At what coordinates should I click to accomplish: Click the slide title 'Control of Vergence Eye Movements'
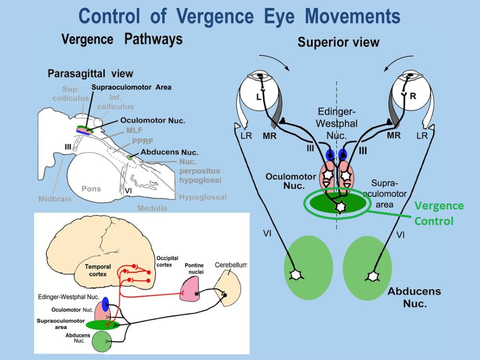coord(240,16)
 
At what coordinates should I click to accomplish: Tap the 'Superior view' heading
coord(338,43)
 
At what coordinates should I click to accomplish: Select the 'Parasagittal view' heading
coord(90,74)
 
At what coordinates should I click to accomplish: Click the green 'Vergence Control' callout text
coord(439,213)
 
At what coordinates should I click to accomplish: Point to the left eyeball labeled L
coord(259,94)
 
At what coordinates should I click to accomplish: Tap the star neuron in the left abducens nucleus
coord(296,274)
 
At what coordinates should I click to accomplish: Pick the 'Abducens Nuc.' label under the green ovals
coord(414,297)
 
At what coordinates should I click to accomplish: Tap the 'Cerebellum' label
coord(231,265)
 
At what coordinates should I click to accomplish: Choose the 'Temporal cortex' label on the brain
coord(97,270)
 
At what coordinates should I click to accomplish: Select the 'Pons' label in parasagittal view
coord(91,189)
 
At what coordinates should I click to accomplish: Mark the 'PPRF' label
coord(143,141)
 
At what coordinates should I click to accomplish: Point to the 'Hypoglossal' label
coord(202,197)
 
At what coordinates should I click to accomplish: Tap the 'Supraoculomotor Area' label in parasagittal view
coord(131,87)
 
